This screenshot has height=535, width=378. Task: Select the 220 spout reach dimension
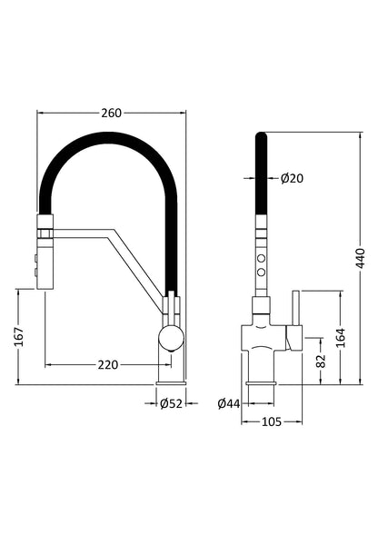click(108, 365)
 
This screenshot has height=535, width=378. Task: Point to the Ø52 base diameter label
click(170, 403)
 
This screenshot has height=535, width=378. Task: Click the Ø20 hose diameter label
click(292, 178)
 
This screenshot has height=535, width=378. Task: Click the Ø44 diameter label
click(230, 403)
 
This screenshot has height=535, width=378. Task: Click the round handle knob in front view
click(170, 340)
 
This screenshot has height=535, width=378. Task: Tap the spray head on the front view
click(45, 253)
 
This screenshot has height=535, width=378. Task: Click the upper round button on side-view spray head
click(263, 258)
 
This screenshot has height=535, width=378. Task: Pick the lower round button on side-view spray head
click(263, 272)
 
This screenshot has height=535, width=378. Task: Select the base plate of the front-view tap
click(170, 381)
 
